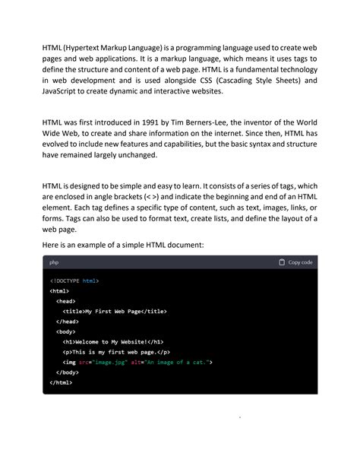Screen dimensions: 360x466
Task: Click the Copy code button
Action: click(295, 262)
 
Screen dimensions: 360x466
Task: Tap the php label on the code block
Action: click(55, 262)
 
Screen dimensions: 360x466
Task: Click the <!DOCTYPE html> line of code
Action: click(74, 281)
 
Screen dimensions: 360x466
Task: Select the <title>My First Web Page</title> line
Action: click(115, 311)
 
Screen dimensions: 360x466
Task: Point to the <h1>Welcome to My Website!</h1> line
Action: click(113, 342)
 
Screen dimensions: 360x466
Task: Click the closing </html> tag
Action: click(61, 382)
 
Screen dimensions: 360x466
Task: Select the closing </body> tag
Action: click(68, 372)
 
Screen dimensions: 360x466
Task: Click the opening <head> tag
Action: click(65, 301)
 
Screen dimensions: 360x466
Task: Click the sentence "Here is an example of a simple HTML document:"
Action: click(123, 245)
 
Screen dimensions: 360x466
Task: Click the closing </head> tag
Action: click(68, 322)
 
